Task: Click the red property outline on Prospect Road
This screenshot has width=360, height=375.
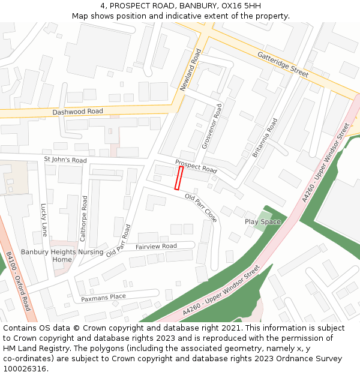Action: [178, 178]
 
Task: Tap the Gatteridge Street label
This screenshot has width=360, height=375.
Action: [283, 64]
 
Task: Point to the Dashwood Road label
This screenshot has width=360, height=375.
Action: [77, 112]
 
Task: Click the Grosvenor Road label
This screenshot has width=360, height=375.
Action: [212, 126]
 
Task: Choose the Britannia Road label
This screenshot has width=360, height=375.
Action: [264, 138]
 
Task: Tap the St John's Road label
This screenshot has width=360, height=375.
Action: [65, 160]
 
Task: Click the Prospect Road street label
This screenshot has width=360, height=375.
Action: [196, 166]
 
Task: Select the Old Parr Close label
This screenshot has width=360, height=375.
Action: [201, 208]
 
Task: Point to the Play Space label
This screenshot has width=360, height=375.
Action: [263, 222]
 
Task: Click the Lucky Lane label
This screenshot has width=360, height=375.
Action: [44, 220]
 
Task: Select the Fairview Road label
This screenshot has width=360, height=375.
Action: [156, 247]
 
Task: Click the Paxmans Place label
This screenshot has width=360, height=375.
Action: [103, 297]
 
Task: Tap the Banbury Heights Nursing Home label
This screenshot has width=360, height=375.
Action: [62, 256]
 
